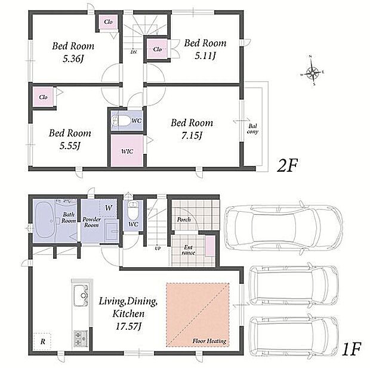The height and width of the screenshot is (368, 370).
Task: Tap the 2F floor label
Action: click(287, 166)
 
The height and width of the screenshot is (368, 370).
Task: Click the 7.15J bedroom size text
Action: click(192, 135)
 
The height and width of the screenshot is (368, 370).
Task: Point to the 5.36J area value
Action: click(73, 58)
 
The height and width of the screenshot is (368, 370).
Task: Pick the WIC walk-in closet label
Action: click(127, 151)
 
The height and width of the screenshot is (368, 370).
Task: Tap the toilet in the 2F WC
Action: click(121, 121)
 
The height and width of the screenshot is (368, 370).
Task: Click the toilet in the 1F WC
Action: click(133, 210)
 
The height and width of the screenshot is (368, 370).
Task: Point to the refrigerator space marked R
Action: click(42, 341)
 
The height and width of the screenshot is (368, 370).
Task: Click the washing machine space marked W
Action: click(108, 208)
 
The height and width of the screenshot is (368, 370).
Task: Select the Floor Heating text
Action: click(209, 341)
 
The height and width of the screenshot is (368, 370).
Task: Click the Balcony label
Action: click(252, 129)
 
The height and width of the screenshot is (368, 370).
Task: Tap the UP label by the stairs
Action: click(158, 248)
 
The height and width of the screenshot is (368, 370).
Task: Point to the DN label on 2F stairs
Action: click(134, 52)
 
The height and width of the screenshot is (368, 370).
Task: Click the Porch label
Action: click(184, 219)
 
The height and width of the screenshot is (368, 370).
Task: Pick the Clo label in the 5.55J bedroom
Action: click(43, 97)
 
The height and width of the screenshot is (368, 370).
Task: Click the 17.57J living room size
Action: click(128, 326)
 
